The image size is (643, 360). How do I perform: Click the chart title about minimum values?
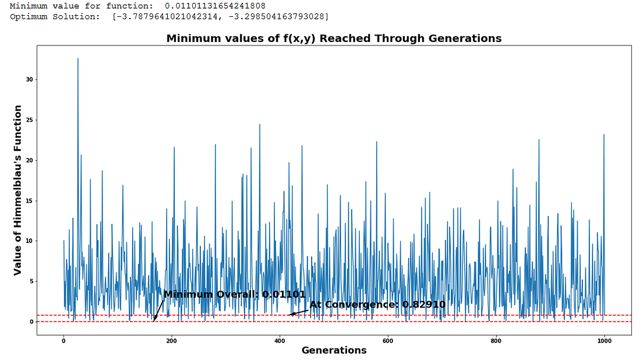[334, 38]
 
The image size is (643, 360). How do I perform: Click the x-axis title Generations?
[334, 350]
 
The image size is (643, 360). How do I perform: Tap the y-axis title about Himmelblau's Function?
[18, 190]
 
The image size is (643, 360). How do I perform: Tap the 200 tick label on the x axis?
[171, 340]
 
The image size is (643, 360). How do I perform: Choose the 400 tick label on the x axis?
[280, 340]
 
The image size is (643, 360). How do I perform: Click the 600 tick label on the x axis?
[388, 340]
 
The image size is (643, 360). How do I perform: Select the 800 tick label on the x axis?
[496, 340]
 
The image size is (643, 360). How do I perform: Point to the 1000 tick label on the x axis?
[604, 340]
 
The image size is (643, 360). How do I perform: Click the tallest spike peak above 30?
[77, 59]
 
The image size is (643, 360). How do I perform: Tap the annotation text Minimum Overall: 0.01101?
[234, 294]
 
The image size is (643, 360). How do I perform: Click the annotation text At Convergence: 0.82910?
[377, 304]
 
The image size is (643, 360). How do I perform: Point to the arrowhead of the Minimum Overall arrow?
[155, 320]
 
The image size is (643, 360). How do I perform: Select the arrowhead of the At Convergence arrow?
[291, 315]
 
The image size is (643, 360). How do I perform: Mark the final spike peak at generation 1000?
[604, 135]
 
